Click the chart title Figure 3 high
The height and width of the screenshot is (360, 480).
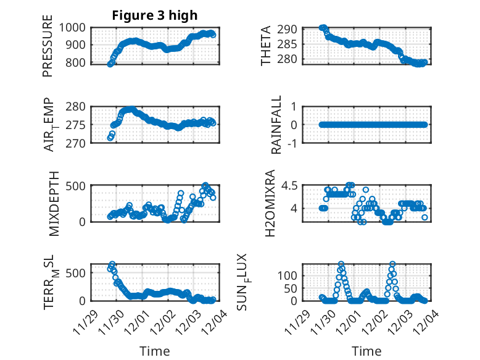[154, 15]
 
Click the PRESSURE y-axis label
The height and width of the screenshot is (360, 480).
[48, 51]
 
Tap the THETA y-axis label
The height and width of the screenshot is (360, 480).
[266, 46]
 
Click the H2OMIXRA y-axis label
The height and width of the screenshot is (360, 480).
[270, 203]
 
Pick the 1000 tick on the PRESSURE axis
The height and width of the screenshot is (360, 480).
[73, 27]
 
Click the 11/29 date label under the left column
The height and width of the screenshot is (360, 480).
[86, 322]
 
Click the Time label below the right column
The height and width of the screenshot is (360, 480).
[366, 351]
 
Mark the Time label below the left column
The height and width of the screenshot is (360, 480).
[154, 351]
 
